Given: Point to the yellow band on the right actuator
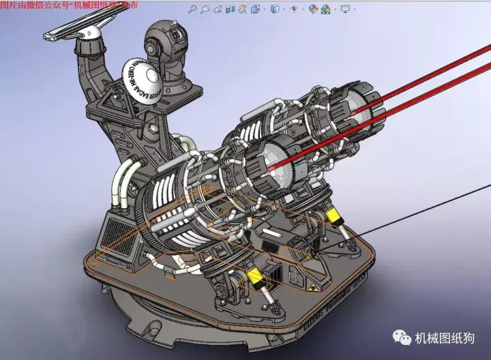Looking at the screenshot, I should pos(335,217).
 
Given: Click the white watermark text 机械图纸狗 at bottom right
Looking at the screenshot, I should pos(446,339).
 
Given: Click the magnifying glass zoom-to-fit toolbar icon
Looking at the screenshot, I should pos(193,10).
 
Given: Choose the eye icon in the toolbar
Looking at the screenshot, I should pos(294,10).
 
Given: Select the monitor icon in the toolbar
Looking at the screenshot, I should pos(344,10).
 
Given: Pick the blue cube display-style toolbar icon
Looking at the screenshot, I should pos(274,10).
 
